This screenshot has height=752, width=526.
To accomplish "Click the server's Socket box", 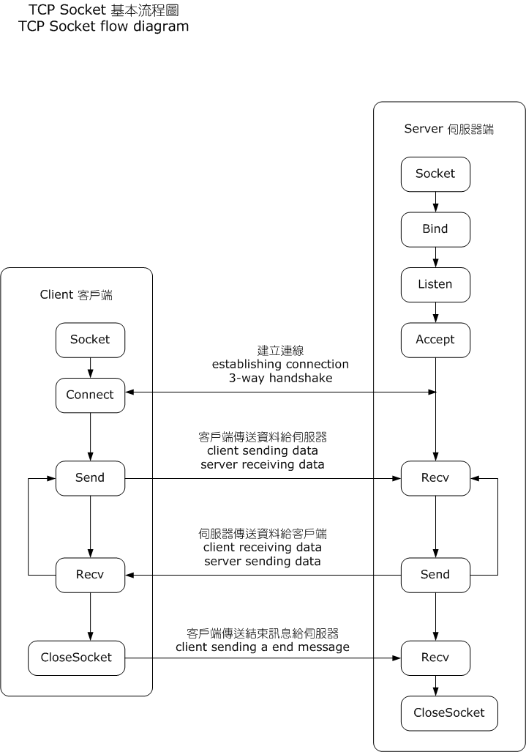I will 435,174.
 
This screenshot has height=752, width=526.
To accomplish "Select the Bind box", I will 435,229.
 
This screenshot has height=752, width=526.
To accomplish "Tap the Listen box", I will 435,284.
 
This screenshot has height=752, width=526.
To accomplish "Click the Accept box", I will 435,340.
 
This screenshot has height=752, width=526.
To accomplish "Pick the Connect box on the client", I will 90,395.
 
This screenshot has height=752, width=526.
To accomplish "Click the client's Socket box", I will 90,340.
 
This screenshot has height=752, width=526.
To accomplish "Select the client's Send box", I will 90,478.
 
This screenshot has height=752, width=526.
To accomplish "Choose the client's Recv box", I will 90,575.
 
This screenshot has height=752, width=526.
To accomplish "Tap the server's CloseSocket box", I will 449,713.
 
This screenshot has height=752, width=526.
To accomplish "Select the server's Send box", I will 435,575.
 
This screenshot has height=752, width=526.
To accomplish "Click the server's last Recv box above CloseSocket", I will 435,658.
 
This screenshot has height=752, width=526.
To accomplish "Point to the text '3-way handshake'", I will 280,379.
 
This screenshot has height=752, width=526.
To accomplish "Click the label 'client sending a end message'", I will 263,647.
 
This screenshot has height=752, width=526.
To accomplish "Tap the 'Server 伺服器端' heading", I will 448,129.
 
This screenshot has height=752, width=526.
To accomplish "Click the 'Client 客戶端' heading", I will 76,295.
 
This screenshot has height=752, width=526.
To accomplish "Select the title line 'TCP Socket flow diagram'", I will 103,27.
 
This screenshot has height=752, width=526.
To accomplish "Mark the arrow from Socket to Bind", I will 435,201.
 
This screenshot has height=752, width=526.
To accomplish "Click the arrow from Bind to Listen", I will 435,256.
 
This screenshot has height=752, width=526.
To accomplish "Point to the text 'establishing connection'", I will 280,365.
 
